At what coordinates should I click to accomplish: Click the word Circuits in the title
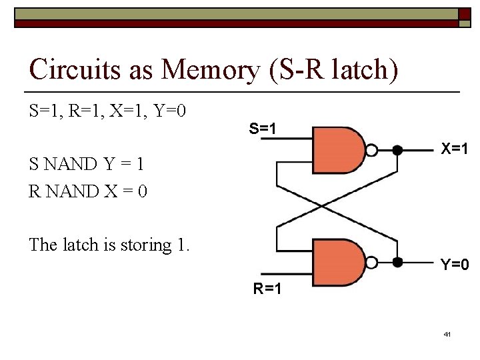click(x=73, y=69)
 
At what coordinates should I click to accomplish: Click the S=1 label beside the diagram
click(x=263, y=127)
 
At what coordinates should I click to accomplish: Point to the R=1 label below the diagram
click(x=267, y=289)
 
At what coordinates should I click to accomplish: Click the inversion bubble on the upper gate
click(x=373, y=150)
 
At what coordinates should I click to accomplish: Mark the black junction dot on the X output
click(x=397, y=150)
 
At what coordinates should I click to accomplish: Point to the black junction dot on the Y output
click(x=397, y=263)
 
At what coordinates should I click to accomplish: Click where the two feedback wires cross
click(x=322, y=206)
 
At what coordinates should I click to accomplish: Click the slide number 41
click(x=447, y=333)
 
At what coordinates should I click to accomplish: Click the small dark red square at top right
click(x=464, y=14)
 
